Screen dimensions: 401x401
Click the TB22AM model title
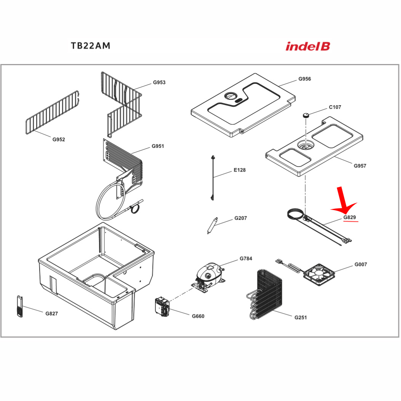[x=90, y=46]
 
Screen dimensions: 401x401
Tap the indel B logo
[x=308, y=47]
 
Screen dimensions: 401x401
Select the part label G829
[x=350, y=218]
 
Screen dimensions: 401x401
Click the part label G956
[x=305, y=79]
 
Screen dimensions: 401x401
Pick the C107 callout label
[x=335, y=107]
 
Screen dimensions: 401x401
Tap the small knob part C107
[x=305, y=115]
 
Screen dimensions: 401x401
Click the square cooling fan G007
[x=319, y=274]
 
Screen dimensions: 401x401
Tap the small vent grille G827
[x=19, y=306]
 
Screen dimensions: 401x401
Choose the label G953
[x=159, y=82]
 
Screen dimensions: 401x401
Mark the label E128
[x=239, y=170]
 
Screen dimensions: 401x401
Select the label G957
[x=360, y=166]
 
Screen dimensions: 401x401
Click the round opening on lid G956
[x=231, y=96]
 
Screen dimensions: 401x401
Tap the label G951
[x=158, y=146]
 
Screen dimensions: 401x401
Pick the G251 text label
[x=300, y=318]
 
